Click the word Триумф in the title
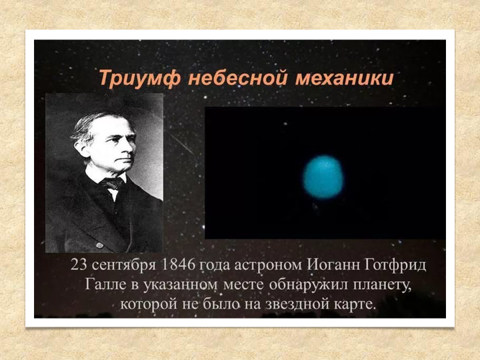pyautogui.click(x=139, y=79)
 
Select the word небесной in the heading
pyautogui.click(x=237, y=78)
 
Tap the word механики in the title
pyautogui.click(x=344, y=79)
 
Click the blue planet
pyautogui.click(x=323, y=177)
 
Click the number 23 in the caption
pyautogui.click(x=79, y=265)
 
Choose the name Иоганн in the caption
pyautogui.click(x=333, y=265)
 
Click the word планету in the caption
pyautogui.click(x=382, y=285)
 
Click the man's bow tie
pyautogui.click(x=113, y=183)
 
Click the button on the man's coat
pyautogui.click(x=100, y=245)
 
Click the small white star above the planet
pyautogui.click(x=285, y=124)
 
